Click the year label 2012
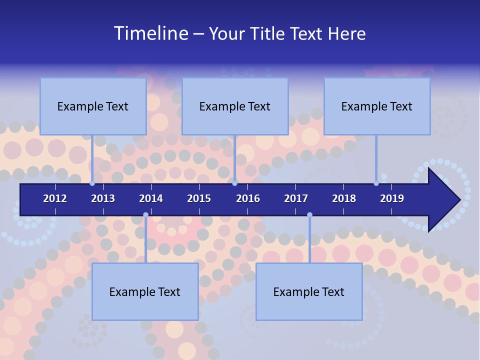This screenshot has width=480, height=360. [x=55, y=198]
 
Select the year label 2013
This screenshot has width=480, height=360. [x=103, y=198]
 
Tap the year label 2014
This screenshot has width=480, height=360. [x=151, y=198]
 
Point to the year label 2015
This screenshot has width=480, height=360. [x=199, y=198]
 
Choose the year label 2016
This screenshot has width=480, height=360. [x=248, y=198]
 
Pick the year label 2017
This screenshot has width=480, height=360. [x=296, y=198]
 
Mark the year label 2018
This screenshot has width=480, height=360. [x=344, y=198]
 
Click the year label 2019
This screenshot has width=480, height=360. [x=392, y=198]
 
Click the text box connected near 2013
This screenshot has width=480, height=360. [x=93, y=106]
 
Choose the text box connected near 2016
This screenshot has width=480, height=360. [x=235, y=106]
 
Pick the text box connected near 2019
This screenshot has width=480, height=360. [x=377, y=106]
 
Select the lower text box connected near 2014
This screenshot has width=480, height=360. [x=145, y=291]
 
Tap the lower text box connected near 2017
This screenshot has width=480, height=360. [x=309, y=291]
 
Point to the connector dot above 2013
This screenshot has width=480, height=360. [x=92, y=183]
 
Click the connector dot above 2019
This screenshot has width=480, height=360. [x=376, y=183]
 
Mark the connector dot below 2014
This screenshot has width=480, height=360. [x=145, y=215]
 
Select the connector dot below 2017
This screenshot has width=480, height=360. [x=309, y=215]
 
